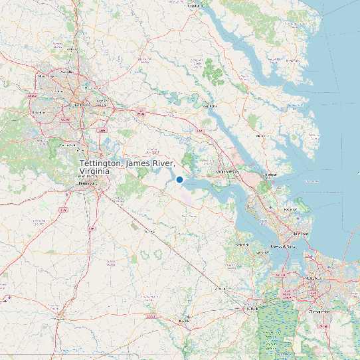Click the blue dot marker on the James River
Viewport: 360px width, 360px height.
pos(179,179)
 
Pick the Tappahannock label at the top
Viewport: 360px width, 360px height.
pos(194,6)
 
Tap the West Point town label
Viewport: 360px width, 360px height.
pos(209,105)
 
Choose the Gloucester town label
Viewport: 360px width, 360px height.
pos(261,135)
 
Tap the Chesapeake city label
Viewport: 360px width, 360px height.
pos(319,310)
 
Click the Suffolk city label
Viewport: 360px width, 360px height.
pos(251,308)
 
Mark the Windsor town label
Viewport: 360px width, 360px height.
pos(220,290)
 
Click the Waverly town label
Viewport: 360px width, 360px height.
pos(150,232)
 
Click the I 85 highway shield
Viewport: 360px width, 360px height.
pos(63,210)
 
